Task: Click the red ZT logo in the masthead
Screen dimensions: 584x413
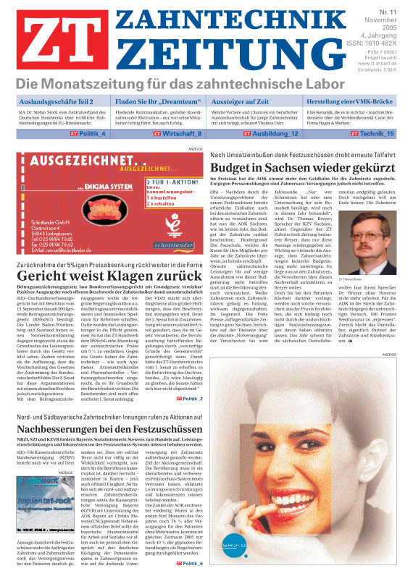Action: click(x=51, y=42)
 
